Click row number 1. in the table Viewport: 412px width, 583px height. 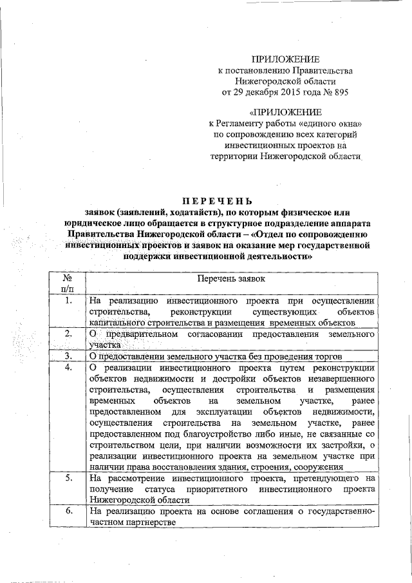(68, 300)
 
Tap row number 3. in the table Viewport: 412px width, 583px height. (68, 356)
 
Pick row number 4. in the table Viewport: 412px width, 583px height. (68, 367)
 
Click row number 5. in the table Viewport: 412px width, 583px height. (68, 479)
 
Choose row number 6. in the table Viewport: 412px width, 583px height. (68, 511)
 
